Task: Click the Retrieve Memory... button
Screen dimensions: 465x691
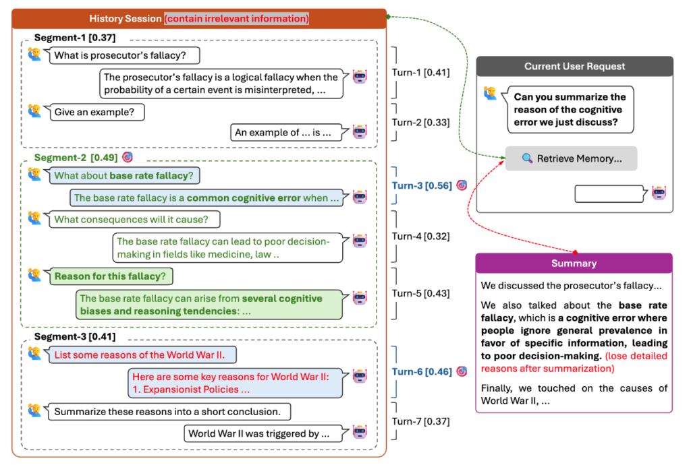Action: click(x=571, y=158)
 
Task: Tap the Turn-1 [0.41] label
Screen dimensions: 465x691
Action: click(x=420, y=73)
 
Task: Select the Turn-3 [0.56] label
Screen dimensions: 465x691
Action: click(x=422, y=186)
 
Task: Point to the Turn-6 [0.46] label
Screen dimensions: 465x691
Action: click(x=422, y=371)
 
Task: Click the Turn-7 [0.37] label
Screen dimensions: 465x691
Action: click(x=420, y=422)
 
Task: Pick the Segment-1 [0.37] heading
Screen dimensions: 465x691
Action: click(x=74, y=38)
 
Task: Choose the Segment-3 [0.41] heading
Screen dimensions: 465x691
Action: click(x=74, y=337)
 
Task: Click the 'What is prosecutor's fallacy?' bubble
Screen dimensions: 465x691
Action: click(x=125, y=56)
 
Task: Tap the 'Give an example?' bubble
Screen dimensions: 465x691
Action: click(x=97, y=112)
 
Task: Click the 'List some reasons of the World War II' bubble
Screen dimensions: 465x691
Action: click(x=146, y=354)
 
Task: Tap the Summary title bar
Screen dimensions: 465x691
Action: click(x=574, y=263)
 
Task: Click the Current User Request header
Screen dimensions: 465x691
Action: click(x=574, y=66)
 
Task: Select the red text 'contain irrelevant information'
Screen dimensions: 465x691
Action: click(x=236, y=19)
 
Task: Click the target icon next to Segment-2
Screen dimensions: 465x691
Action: click(x=128, y=157)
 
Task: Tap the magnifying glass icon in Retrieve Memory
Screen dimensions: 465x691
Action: click(x=527, y=159)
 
